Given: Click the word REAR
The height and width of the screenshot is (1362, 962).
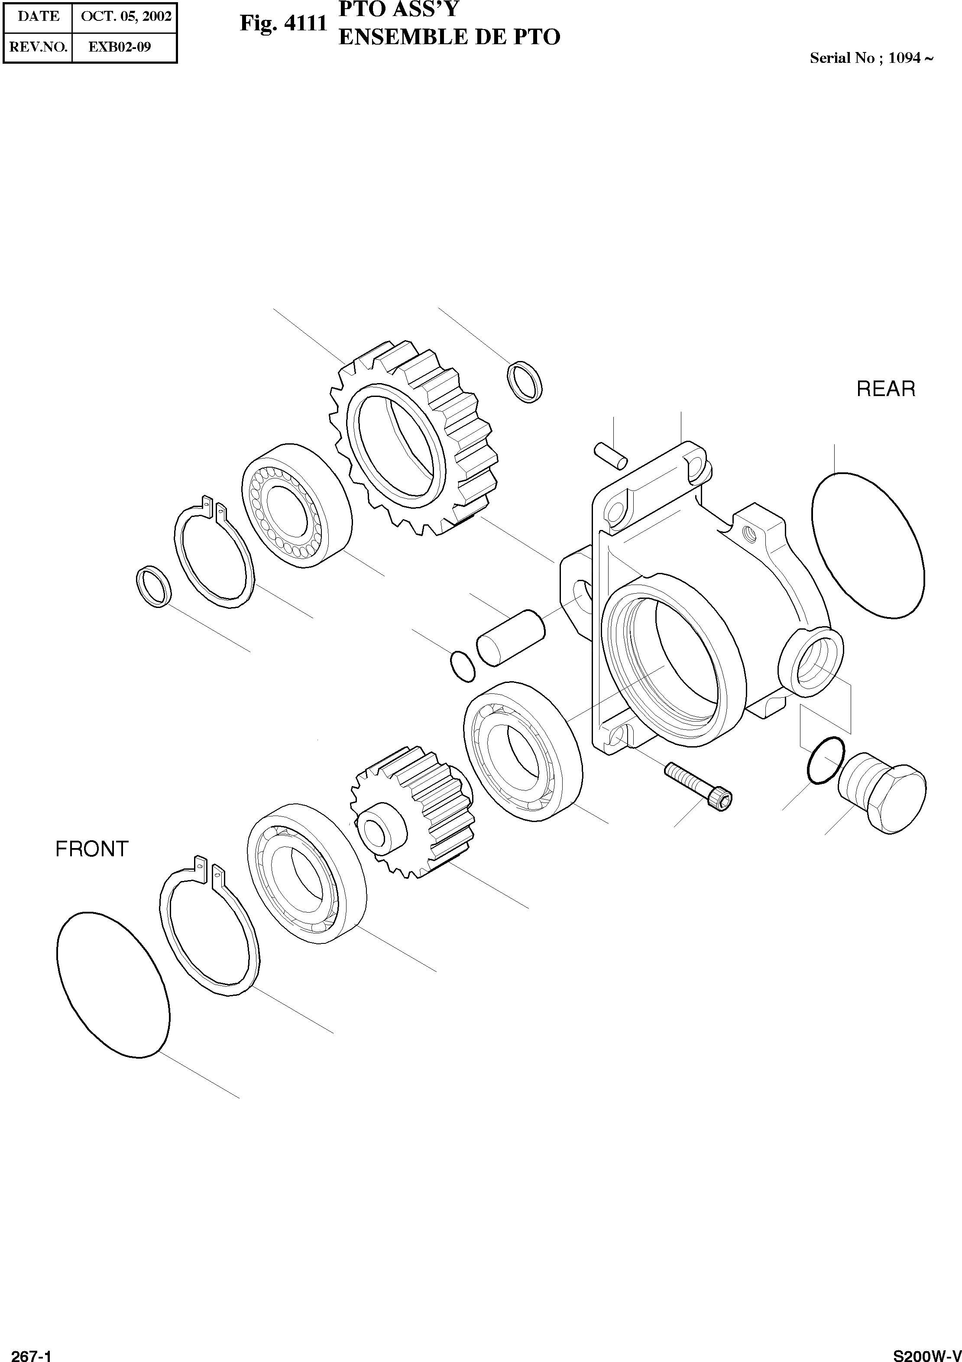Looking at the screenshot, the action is [x=885, y=389].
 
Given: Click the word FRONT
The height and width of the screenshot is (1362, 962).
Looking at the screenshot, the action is [x=92, y=849].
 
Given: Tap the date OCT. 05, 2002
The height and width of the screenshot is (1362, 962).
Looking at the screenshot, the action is [x=125, y=16].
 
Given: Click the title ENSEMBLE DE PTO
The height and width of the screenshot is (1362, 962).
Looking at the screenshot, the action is [x=449, y=37].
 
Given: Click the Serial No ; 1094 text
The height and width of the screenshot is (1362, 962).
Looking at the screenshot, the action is [x=871, y=58].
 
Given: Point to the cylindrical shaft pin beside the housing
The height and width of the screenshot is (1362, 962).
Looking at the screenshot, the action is [x=511, y=637].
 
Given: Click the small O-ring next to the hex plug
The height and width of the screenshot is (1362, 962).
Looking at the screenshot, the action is [x=825, y=761].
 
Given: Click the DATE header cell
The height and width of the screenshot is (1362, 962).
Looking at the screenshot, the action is [x=39, y=16].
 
